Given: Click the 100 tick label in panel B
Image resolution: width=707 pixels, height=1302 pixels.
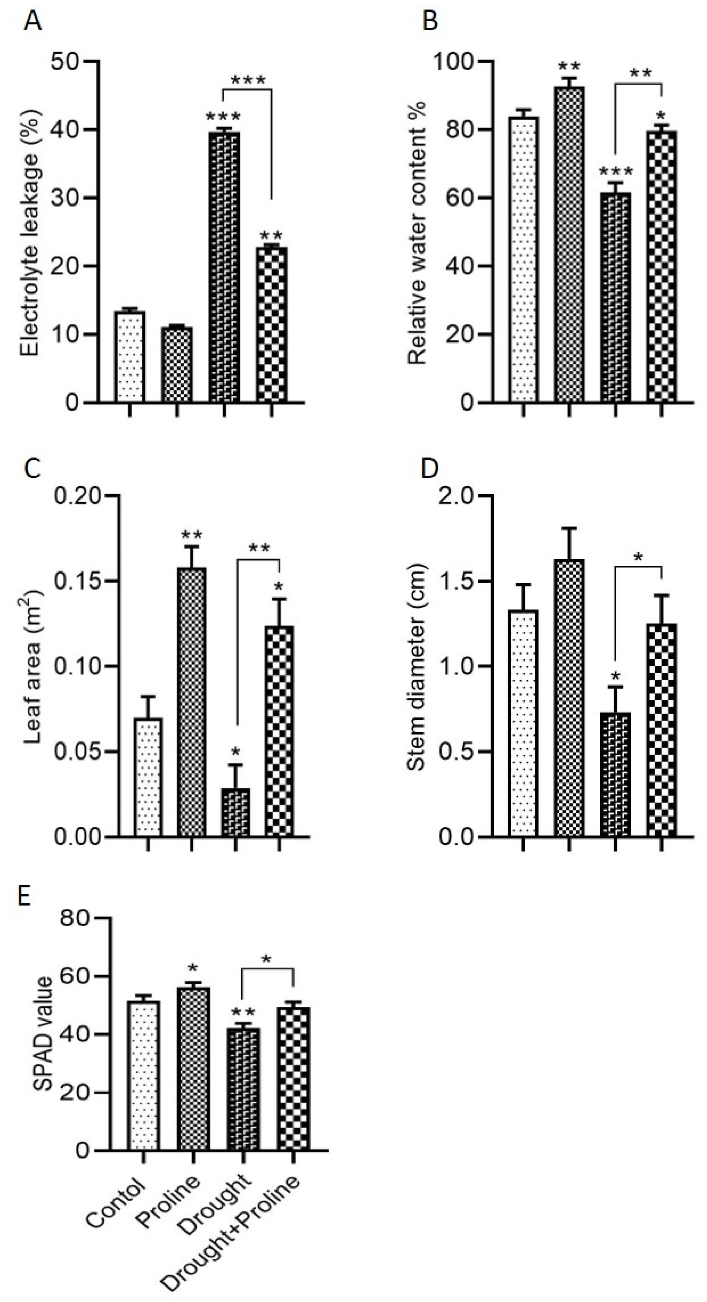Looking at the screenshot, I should tap(457, 62).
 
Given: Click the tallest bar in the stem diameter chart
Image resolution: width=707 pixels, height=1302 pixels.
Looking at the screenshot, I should tap(569, 698).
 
